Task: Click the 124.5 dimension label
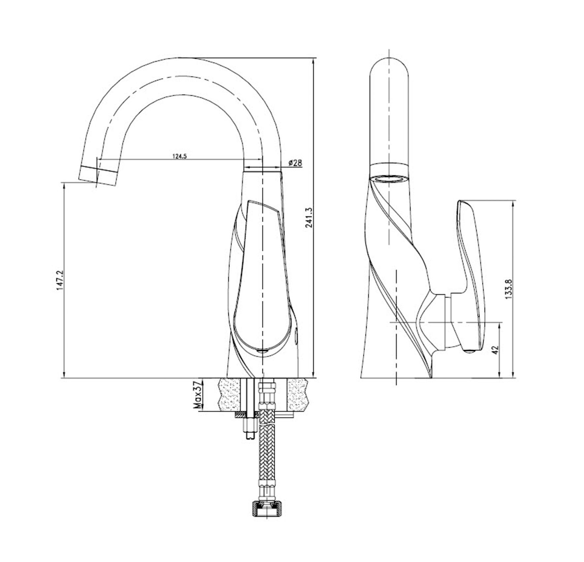click(179, 156)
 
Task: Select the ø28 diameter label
click(295, 163)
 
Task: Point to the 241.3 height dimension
click(308, 218)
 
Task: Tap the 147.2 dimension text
click(59, 281)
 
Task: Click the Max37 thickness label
click(197, 395)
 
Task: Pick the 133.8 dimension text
click(508, 289)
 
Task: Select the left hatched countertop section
click(230, 394)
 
